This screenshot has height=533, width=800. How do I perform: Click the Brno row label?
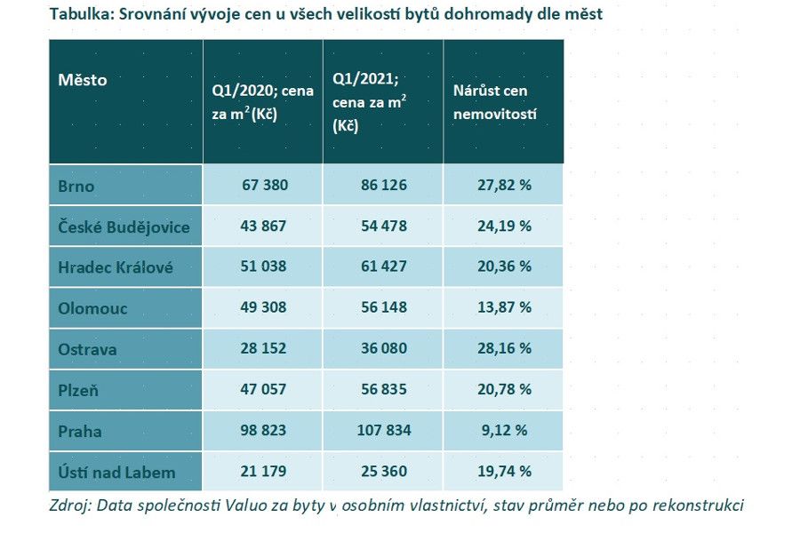pyautogui.click(x=76, y=186)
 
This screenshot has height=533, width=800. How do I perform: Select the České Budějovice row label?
pyautogui.click(x=124, y=227)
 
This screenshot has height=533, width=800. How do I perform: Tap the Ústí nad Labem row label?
pyautogui.click(x=116, y=472)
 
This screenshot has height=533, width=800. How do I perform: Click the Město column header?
pyautogui.click(x=83, y=80)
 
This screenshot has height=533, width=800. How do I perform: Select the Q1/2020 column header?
pyautogui.click(x=262, y=102)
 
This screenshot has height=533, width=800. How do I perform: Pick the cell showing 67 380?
pyautogui.click(x=264, y=186)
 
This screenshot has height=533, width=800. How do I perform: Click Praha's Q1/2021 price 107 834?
pyautogui.click(x=383, y=431)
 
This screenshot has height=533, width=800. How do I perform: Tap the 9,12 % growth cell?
pyautogui.click(x=504, y=431)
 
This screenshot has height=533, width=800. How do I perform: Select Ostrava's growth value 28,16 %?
pyautogui.click(x=504, y=349)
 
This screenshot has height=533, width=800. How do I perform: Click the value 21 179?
pyautogui.click(x=264, y=472)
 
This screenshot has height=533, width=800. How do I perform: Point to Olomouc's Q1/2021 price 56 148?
pyautogui.click(x=383, y=308)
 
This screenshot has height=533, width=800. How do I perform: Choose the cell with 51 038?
pyautogui.click(x=264, y=267)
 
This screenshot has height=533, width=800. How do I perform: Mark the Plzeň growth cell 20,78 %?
pyautogui.click(x=504, y=390)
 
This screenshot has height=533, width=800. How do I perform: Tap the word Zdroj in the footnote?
pyautogui.click(x=71, y=505)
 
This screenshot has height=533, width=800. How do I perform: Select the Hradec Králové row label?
pyautogui.click(x=116, y=267)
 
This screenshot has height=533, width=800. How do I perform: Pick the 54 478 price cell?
pyautogui.click(x=383, y=227)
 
